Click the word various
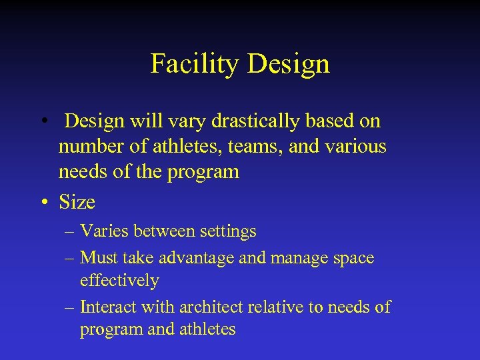click(x=357, y=146)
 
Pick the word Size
click(x=77, y=202)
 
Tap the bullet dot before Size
click(x=43, y=202)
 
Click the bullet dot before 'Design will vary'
click(x=43, y=121)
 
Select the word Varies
click(x=105, y=232)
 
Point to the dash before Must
click(x=70, y=258)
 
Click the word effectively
click(x=119, y=281)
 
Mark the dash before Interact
click(x=70, y=307)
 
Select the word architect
click(x=211, y=307)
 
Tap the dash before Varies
click(x=70, y=232)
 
